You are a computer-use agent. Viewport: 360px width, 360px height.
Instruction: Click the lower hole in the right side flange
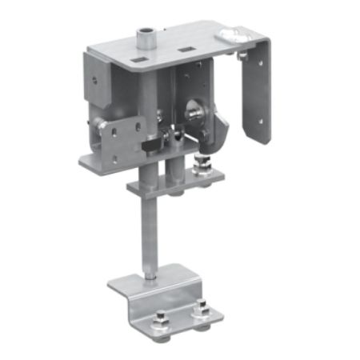(x=258, y=120)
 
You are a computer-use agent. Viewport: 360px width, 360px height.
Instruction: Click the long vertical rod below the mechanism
(x=150, y=232)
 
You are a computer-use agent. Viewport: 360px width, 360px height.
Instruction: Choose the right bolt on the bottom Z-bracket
(x=201, y=309)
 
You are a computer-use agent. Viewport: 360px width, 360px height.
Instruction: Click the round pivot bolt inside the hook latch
(x=196, y=111)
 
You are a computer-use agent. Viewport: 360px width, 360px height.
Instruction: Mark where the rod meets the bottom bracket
(x=151, y=278)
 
